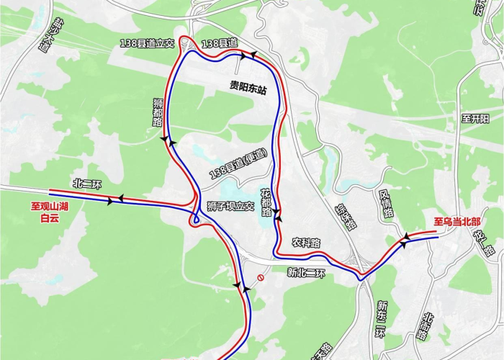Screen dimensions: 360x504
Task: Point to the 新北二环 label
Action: point(306,272)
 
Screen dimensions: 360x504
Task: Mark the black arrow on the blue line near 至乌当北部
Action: point(404,244)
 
